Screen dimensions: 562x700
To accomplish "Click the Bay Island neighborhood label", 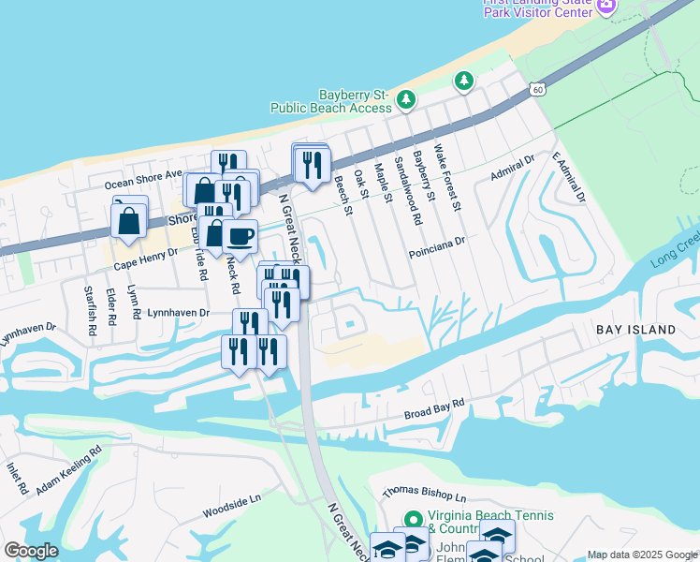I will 636,330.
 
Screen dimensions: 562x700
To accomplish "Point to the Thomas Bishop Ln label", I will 423,494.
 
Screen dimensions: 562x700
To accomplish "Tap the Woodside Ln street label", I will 231,509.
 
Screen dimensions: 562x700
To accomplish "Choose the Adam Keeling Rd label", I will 68,470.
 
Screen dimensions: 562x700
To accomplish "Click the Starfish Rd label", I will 90,305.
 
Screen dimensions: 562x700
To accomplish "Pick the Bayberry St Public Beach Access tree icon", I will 406,98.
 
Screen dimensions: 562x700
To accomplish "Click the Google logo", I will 31,551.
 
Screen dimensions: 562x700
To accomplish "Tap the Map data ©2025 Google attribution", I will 642,555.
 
